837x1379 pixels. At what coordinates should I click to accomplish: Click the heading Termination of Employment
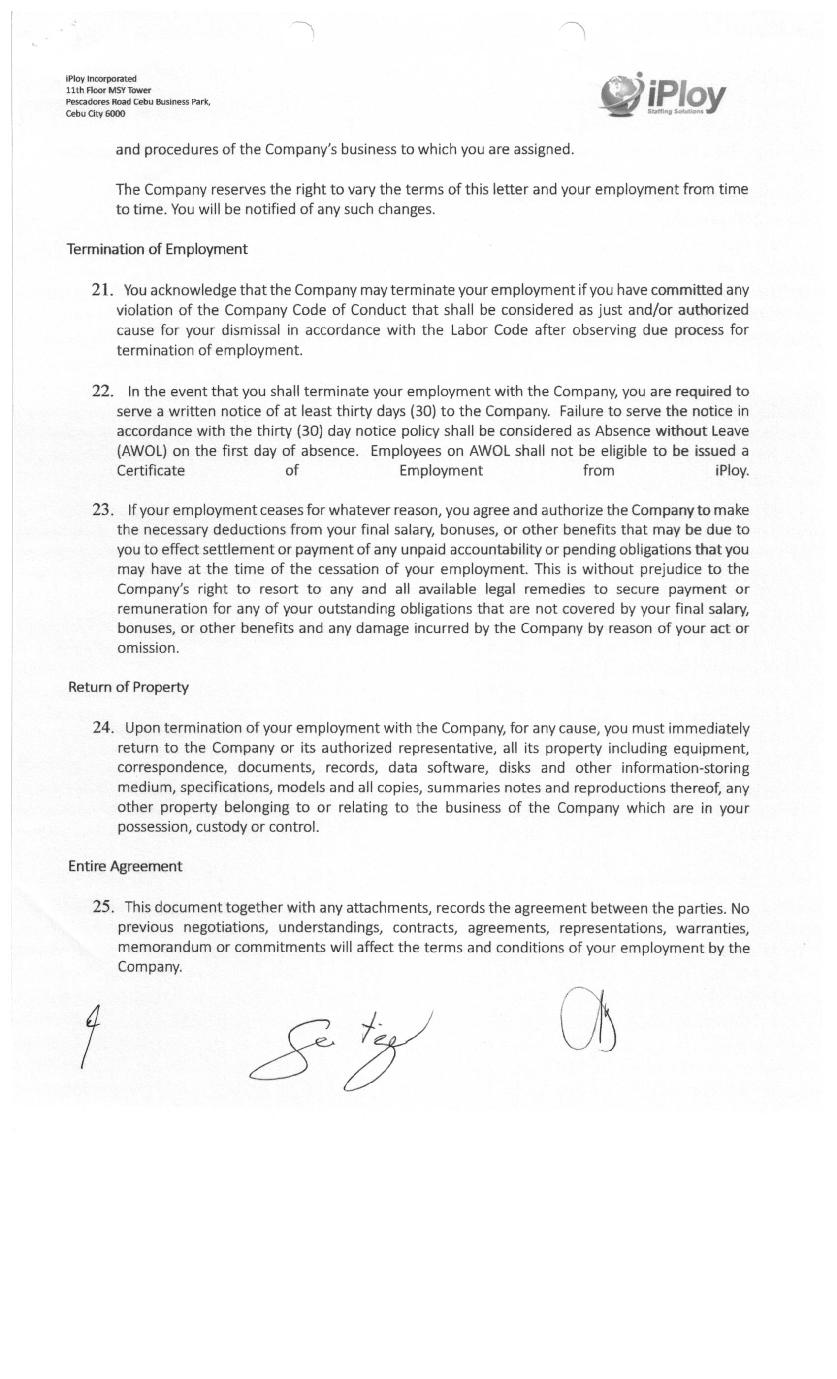[157, 249]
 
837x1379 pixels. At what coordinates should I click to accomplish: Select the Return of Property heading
[128, 687]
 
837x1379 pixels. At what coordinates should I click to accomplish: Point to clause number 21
[102, 290]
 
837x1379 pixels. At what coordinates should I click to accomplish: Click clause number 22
[102, 391]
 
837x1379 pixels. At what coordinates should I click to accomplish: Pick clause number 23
[102, 509]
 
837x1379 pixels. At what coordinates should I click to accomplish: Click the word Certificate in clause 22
[151, 471]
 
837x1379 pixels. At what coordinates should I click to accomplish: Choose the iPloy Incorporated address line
[101, 79]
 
